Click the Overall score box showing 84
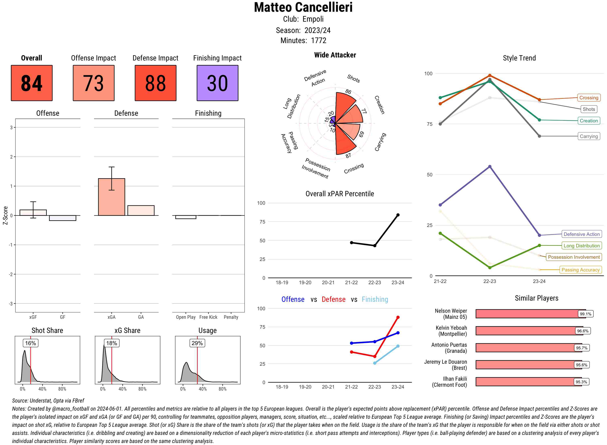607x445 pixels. [x=32, y=83]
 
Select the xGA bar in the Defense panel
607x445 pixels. [x=111, y=197]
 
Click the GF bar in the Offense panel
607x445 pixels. [x=63, y=218]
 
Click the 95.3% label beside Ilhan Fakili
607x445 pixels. [x=581, y=382]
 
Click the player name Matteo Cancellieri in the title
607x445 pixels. [x=303, y=7]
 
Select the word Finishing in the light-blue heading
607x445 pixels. [x=375, y=299]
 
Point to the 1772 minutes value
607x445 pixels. [x=318, y=40]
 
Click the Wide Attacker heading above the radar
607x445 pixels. [x=335, y=55]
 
